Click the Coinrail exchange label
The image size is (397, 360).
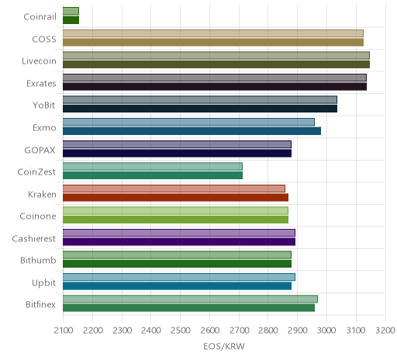(x=40, y=17)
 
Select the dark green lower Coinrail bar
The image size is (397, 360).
(x=71, y=20)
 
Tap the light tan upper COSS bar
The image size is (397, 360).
(x=213, y=33)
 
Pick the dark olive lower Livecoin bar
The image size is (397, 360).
(x=216, y=64)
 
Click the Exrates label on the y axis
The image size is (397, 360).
(x=41, y=84)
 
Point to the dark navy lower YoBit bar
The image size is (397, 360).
(x=200, y=109)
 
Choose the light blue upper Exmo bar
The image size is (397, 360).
(x=188, y=122)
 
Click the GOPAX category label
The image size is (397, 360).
(x=40, y=151)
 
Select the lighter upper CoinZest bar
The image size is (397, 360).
(x=153, y=166)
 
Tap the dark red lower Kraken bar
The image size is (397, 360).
(x=175, y=197)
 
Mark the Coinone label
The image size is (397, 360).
(x=38, y=216)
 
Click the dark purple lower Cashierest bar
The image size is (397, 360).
(x=179, y=241)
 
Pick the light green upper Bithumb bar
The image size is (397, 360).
(x=177, y=254)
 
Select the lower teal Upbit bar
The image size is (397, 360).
(x=177, y=286)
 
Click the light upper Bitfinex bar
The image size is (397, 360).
(x=190, y=299)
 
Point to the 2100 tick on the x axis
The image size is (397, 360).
(x=64, y=331)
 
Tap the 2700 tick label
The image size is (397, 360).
(x=239, y=331)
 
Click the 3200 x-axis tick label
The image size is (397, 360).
(x=385, y=331)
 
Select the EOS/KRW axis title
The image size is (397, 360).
(x=224, y=346)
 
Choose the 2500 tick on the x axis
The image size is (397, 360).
(x=181, y=331)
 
